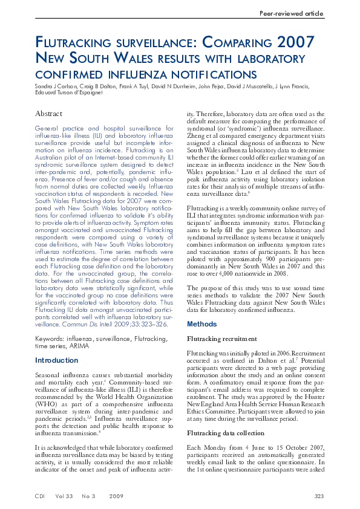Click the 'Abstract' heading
[48, 114]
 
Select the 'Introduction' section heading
[57, 360]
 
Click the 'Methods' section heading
[202, 324]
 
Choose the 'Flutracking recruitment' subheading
[222, 339]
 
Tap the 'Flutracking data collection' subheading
[226, 433]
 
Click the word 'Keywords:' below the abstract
[50, 340]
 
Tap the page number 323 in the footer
[319, 496]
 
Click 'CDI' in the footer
[41, 496]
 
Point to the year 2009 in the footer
[117, 496]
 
